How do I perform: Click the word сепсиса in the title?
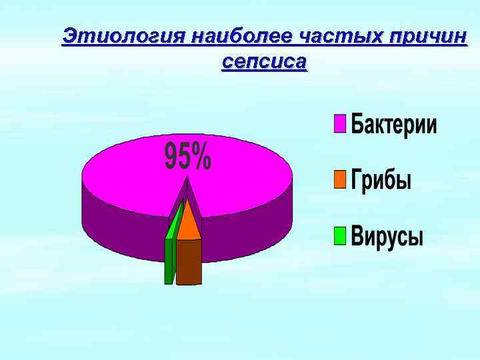click(x=264, y=63)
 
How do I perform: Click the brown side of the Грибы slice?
click(x=189, y=261)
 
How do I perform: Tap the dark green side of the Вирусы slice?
click(x=169, y=261)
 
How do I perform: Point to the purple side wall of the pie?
click(x=253, y=227)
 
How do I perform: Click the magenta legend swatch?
click(x=340, y=124)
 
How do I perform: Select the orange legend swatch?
click(x=340, y=179)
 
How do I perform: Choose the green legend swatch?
click(x=340, y=236)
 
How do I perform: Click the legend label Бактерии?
click(x=394, y=125)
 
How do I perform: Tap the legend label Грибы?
click(x=381, y=181)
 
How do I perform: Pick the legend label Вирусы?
click(x=387, y=237)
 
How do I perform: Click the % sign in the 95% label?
click(x=201, y=158)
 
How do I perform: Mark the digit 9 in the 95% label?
click(x=171, y=158)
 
